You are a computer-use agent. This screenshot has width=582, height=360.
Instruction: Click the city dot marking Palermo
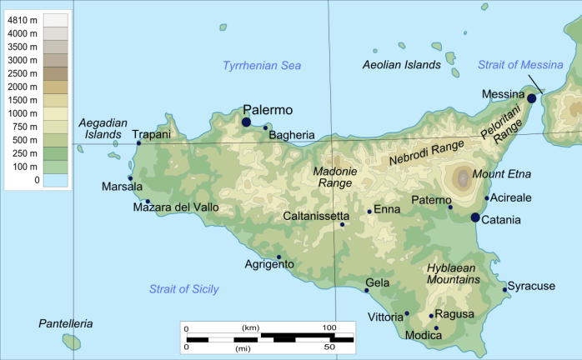(x=246, y=122)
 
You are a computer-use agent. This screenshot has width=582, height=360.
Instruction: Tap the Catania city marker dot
(x=475, y=217)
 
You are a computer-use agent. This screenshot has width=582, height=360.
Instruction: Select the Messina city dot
(x=531, y=97)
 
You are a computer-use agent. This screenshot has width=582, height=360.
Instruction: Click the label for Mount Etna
(x=501, y=174)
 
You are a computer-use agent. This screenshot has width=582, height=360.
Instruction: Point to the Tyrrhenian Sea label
(x=262, y=65)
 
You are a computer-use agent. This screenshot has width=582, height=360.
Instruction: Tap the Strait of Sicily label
(x=183, y=289)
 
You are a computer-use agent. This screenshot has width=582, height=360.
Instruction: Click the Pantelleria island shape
(x=72, y=342)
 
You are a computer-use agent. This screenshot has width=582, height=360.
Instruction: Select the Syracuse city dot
(x=505, y=289)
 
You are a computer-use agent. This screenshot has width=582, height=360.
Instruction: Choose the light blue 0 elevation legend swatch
(x=56, y=179)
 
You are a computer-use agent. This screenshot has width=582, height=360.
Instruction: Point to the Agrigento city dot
(x=278, y=257)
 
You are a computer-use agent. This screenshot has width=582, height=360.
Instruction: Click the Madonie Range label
(x=334, y=177)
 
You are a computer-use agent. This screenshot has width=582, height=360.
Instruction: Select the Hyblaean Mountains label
(x=453, y=274)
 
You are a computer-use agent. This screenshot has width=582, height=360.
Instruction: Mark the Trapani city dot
(x=138, y=143)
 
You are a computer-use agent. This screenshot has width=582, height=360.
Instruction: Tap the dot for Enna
(x=369, y=212)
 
